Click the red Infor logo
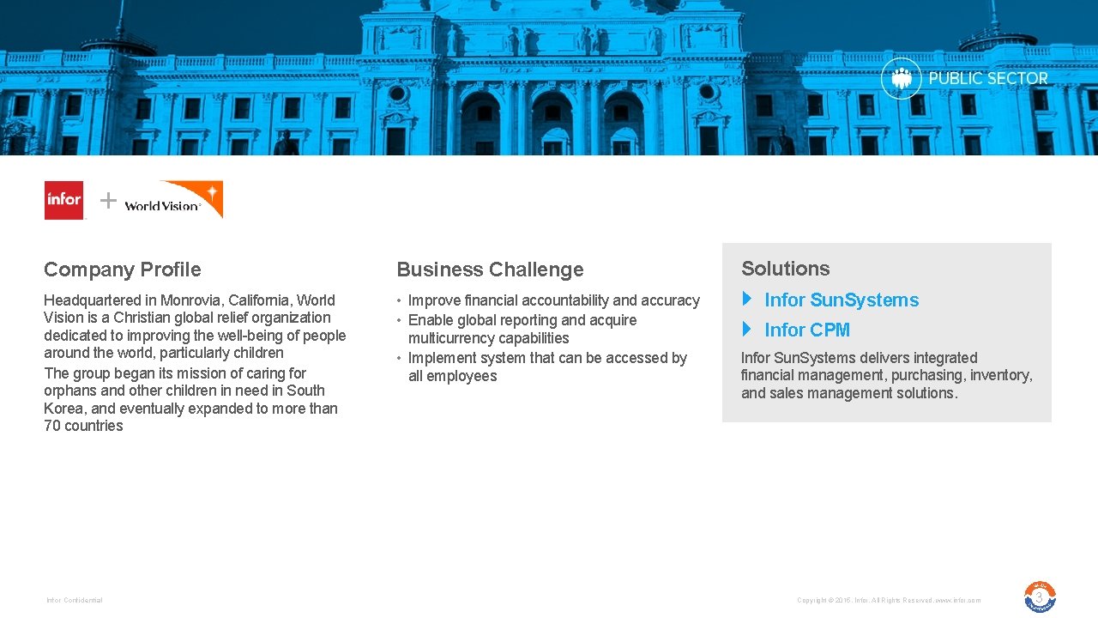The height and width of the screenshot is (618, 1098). point(64,200)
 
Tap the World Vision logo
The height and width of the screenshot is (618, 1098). point(173,200)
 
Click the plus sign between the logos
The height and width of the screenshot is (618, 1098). point(108,201)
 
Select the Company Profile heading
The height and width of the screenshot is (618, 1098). point(123,270)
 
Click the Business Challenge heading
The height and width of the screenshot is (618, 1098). point(490,270)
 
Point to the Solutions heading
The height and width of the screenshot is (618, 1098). point(785,269)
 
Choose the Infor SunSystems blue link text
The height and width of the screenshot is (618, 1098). point(842,300)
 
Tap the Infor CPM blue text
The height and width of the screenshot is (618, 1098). point(807,330)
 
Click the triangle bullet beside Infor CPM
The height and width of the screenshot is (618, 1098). point(746,329)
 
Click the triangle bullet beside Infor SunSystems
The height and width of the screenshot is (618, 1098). point(746,299)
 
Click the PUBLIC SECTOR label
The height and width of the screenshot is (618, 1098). point(988,78)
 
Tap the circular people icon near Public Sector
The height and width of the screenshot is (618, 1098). point(901,78)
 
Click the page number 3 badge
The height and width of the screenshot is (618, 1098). point(1040,597)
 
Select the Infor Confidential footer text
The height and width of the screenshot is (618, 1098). point(75,600)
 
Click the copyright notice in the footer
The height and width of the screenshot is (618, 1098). point(888,600)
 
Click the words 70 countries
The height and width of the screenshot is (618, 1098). point(83,426)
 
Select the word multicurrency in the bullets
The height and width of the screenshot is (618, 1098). point(453,338)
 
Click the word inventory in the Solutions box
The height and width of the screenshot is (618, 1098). point(1000,375)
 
